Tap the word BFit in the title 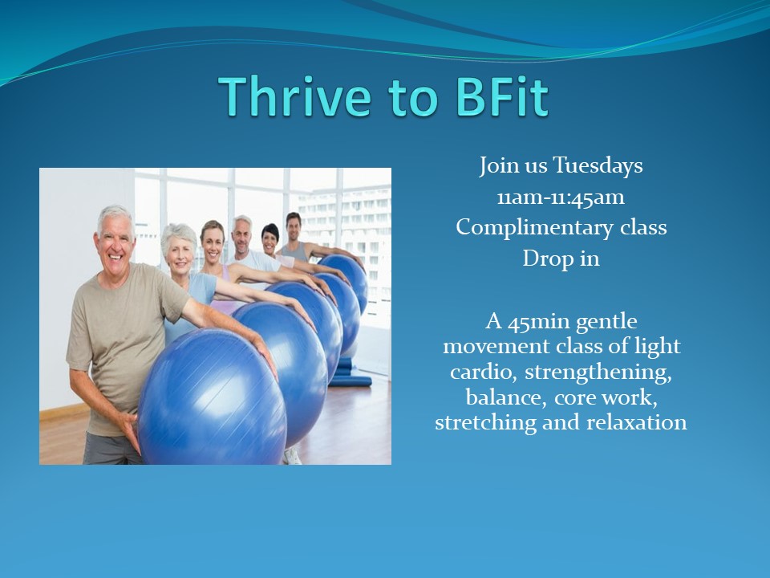(x=501, y=96)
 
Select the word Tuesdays (x=598, y=165)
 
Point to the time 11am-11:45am (x=561, y=197)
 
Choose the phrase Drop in (x=561, y=258)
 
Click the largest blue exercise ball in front (x=212, y=397)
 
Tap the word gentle (x=606, y=323)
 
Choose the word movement (x=496, y=347)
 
